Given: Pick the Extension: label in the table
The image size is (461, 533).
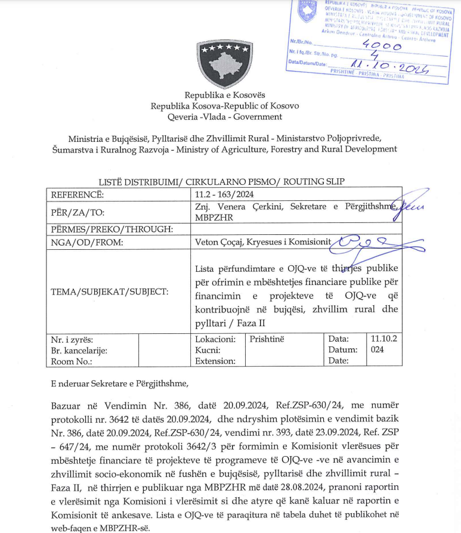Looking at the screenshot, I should (x=215, y=361).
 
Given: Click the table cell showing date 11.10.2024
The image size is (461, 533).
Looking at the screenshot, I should (x=383, y=344).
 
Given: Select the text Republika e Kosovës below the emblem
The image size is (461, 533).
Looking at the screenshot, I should (x=224, y=95).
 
